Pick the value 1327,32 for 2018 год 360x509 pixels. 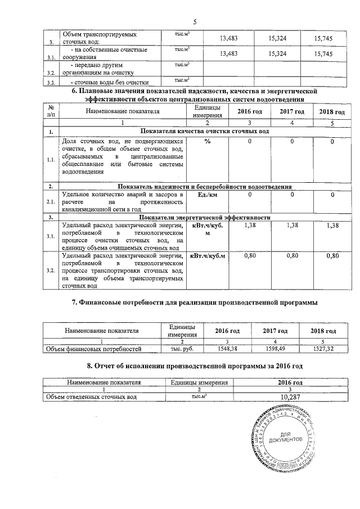[323, 349]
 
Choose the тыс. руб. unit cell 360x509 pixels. [178, 349]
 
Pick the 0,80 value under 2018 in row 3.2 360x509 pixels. [332, 256]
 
